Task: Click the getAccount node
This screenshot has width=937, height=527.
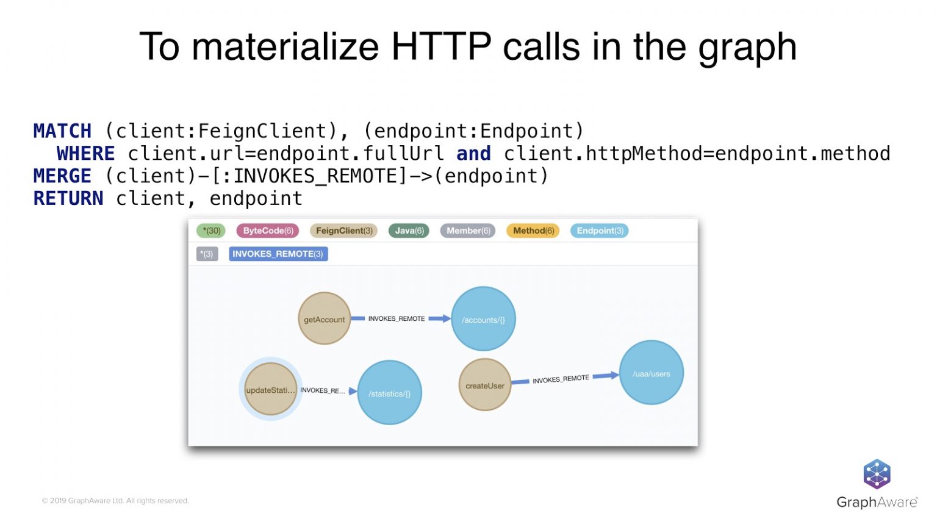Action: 324,319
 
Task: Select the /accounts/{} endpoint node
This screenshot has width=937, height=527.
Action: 483,319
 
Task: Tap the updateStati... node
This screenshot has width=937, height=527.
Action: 270,390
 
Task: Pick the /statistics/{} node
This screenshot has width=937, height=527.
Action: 389,393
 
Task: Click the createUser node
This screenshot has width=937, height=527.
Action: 485,385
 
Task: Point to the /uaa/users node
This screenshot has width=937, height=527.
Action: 651,373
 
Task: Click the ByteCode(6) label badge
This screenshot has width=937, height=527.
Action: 268,231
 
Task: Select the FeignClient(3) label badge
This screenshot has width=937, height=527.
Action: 344,231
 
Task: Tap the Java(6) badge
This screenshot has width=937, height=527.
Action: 409,231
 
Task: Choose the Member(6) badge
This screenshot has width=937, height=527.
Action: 468,231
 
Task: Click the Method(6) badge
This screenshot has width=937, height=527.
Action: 533,231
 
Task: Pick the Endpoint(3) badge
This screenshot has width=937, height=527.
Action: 600,231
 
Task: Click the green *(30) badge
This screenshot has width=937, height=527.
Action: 211,231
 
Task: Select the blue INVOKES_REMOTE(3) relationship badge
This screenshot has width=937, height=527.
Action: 278,254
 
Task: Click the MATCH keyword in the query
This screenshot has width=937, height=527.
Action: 62,131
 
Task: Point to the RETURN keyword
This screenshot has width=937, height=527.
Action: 68,198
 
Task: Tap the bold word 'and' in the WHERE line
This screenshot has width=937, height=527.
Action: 473,153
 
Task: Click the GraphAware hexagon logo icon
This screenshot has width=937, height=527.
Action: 877,474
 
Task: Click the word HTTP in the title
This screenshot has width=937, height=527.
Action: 441,46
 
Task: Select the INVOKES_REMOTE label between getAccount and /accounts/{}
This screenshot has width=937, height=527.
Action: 397,318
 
